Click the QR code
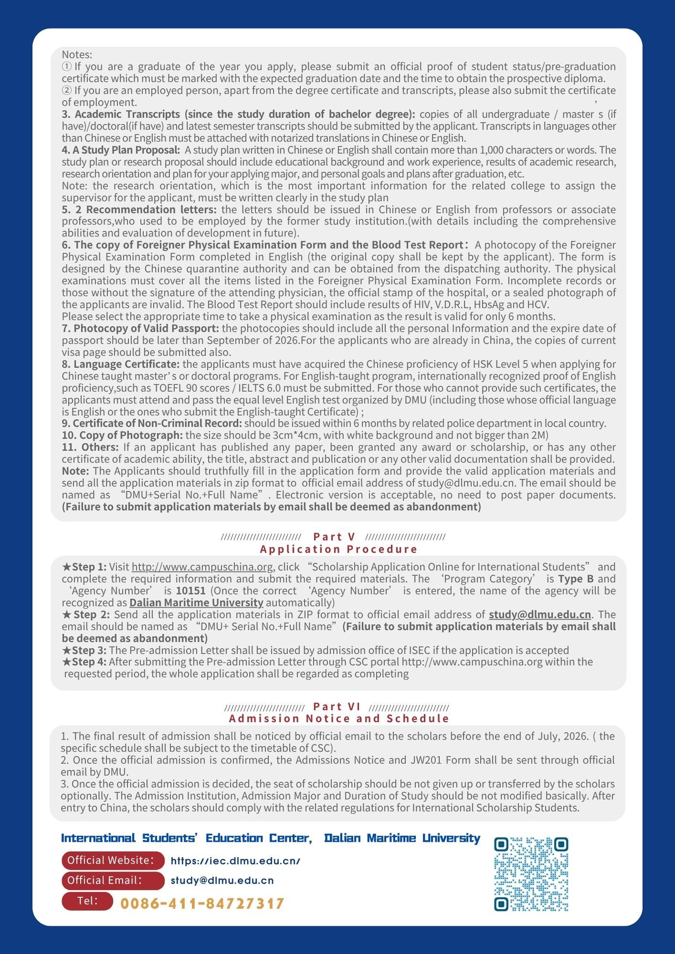(x=531, y=874)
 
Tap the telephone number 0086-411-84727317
(x=202, y=903)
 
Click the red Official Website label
(x=113, y=860)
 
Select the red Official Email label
(x=113, y=881)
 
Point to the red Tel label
(x=87, y=901)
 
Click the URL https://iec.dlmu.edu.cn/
(x=235, y=861)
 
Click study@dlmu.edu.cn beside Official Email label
(x=222, y=881)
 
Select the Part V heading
(x=334, y=537)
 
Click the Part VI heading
(x=337, y=706)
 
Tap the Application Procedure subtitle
(x=339, y=549)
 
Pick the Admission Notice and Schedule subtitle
(x=339, y=718)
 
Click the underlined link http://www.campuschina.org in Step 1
(x=202, y=567)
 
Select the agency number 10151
(x=190, y=591)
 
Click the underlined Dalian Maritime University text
(x=196, y=602)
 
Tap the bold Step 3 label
(x=84, y=650)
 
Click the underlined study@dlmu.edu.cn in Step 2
(x=539, y=614)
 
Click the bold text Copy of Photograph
(x=123, y=435)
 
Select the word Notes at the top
(x=77, y=54)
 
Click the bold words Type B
(x=576, y=579)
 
